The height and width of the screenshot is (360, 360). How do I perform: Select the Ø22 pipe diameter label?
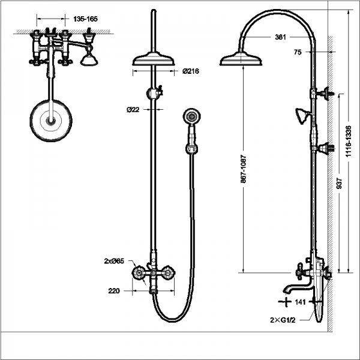[x=133, y=110]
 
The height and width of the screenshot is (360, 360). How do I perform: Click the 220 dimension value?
[x=115, y=292]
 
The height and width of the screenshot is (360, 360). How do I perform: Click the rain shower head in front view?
[x=152, y=59]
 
